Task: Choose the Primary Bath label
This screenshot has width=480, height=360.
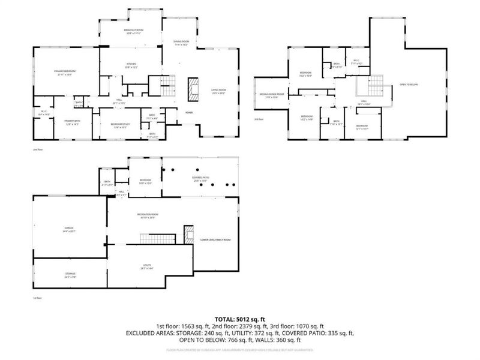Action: (x=72, y=122)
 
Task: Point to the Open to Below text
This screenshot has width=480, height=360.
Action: (x=409, y=85)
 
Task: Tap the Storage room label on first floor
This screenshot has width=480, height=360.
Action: (x=70, y=275)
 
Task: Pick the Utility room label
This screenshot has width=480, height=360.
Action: (x=146, y=266)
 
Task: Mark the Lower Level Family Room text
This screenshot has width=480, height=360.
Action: (x=215, y=239)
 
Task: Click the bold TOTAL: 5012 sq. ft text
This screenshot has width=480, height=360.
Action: (x=240, y=319)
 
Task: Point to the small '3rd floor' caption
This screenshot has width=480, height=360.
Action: (x=259, y=119)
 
